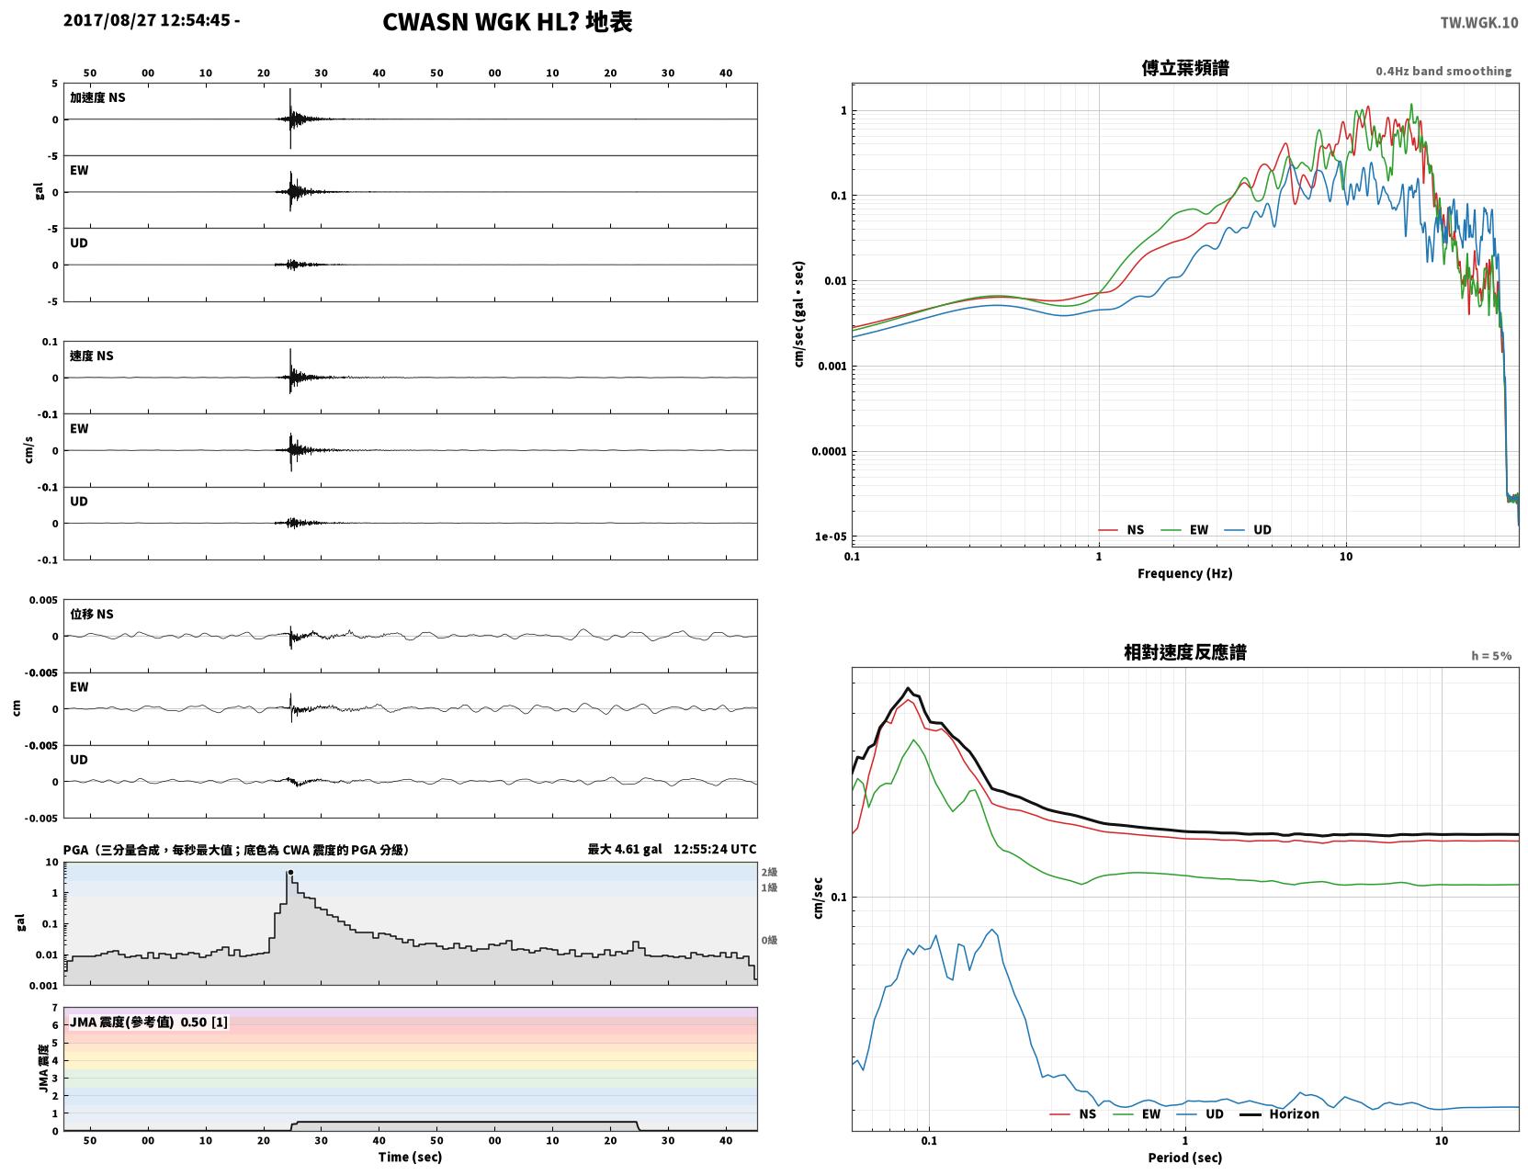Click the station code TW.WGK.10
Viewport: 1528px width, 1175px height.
1478,22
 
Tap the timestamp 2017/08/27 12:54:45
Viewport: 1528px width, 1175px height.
146,20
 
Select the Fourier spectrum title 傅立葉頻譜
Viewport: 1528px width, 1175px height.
1185,68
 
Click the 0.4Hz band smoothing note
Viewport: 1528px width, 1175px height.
1443,71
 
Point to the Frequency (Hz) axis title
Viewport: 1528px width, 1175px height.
1185,573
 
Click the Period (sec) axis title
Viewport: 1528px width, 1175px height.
1185,1158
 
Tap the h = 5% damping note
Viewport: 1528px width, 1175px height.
1490,656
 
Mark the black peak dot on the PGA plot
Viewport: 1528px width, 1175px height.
290,873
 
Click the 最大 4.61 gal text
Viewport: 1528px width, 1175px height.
625,849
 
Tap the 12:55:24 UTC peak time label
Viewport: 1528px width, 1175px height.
715,849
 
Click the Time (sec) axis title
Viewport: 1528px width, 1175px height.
410,1157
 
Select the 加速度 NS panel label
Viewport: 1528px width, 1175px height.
97,97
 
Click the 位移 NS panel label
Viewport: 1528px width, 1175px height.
91,615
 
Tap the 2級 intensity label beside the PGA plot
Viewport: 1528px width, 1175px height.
769,872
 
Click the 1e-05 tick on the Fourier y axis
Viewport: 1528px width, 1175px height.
831,537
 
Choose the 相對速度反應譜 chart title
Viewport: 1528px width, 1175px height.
1185,652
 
